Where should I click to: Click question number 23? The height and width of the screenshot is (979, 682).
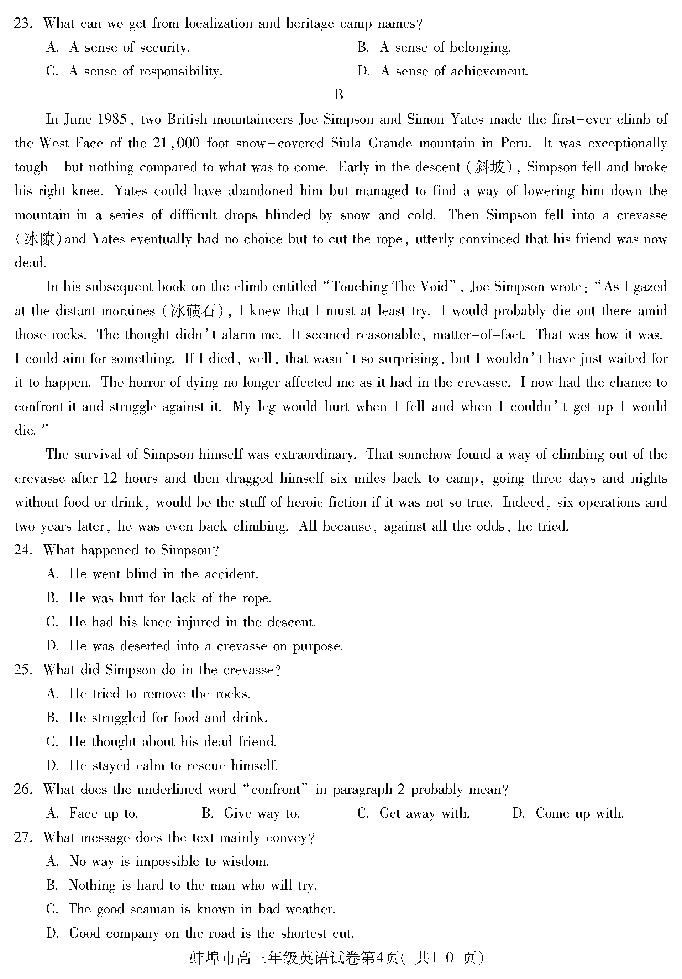pos(23,24)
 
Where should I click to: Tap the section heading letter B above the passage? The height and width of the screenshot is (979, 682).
pos(339,95)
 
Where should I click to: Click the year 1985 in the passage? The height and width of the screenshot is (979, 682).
pos(112,119)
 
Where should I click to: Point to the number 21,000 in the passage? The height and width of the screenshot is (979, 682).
pos(176,143)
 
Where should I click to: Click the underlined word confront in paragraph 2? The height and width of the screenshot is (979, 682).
pos(39,407)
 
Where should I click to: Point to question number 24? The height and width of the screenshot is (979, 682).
pos(23,550)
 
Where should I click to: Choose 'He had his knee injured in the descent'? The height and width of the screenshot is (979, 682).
pos(181,622)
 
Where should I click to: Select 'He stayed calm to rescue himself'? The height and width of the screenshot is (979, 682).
pos(162,765)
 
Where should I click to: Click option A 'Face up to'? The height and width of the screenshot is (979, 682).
pos(92,813)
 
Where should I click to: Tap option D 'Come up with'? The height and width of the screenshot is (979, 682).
pos(568,813)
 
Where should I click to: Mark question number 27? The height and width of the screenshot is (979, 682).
pos(23,837)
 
